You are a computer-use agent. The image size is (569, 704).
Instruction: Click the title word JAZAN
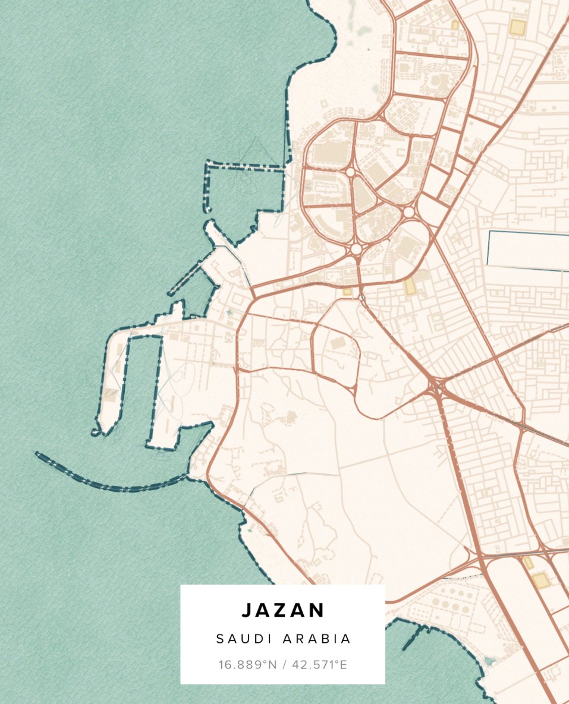tap(283, 610)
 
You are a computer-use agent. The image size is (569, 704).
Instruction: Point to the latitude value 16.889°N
tap(248, 664)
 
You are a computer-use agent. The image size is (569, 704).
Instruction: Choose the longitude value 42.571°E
tap(319, 664)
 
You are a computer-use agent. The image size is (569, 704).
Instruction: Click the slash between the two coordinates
tap(284, 664)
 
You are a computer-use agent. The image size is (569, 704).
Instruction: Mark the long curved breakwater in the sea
tap(107, 484)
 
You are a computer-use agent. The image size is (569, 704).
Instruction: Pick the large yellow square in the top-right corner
tap(517, 27)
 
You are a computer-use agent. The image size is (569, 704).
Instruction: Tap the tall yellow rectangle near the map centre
tap(410, 286)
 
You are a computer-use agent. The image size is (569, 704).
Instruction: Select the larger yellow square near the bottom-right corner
tap(540, 580)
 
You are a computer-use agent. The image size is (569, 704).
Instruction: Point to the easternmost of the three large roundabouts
tap(408, 212)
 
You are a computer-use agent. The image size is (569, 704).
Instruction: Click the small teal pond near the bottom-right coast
tap(489, 660)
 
